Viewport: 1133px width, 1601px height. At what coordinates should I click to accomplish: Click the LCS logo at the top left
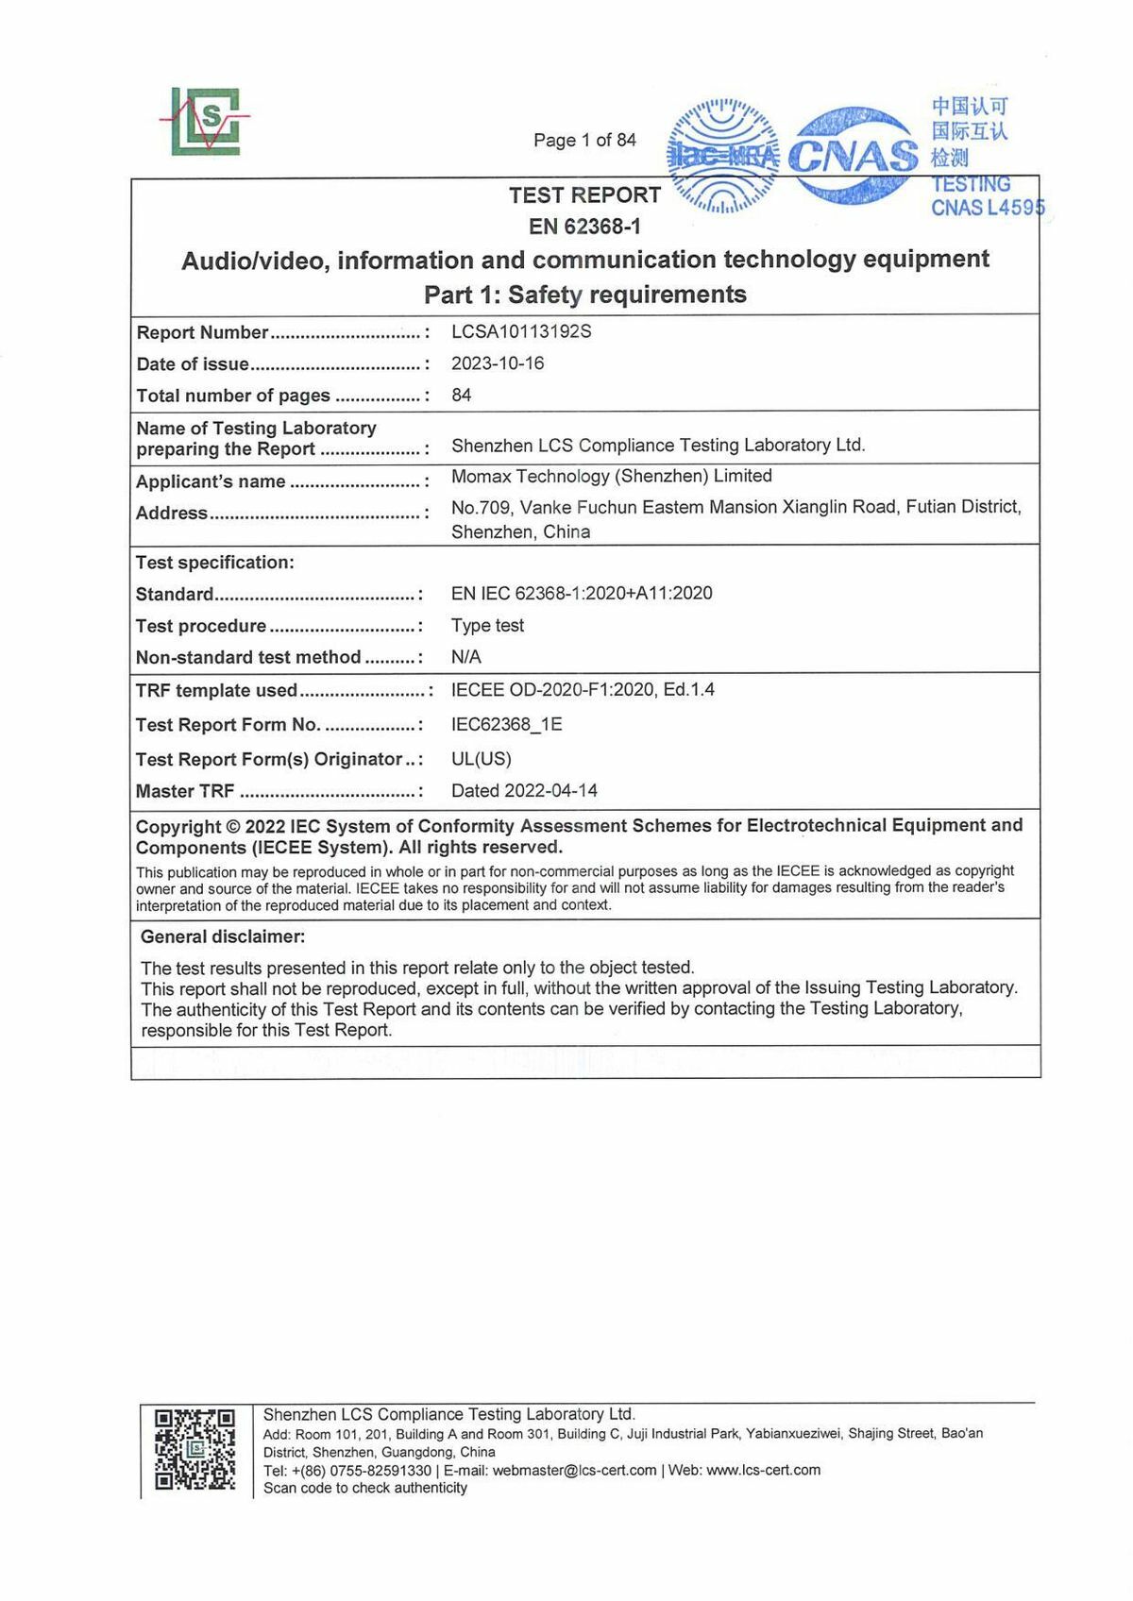point(206,121)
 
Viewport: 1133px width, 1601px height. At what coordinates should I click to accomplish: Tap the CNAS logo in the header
point(852,155)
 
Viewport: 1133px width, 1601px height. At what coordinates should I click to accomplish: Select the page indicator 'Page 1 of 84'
point(584,141)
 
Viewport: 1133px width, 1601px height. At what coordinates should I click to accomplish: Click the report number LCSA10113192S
point(521,331)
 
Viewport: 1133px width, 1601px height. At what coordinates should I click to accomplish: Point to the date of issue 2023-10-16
point(498,363)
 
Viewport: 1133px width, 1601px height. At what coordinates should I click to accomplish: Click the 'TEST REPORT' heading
point(584,195)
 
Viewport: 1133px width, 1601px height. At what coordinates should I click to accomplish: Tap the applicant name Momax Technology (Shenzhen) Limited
point(611,477)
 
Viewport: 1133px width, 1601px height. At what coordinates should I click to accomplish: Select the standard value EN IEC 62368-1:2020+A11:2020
point(582,594)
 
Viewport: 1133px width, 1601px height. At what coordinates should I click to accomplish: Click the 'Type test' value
point(487,626)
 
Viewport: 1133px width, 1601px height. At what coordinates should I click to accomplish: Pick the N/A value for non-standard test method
point(466,657)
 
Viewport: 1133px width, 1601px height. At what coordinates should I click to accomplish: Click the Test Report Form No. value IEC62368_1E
point(506,725)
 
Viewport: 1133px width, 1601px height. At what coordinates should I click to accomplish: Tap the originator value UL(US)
point(481,759)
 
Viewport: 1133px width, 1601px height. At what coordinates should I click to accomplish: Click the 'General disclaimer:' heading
point(223,937)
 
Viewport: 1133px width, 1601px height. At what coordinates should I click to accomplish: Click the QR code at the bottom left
point(194,1449)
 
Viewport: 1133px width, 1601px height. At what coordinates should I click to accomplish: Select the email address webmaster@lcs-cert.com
point(574,1471)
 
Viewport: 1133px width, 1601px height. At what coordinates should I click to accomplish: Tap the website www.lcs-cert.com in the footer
point(763,1471)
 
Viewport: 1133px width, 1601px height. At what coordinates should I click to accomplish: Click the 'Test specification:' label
point(215,563)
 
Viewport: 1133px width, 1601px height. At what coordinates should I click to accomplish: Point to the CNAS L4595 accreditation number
point(988,209)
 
